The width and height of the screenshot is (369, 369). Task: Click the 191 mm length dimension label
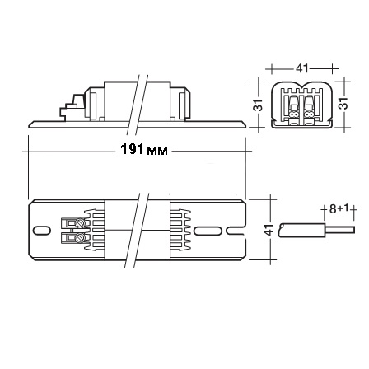point(144,150)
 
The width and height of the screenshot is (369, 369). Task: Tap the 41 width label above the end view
point(302,68)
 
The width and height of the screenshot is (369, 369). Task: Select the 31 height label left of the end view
point(259,105)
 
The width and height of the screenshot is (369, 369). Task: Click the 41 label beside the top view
point(269,230)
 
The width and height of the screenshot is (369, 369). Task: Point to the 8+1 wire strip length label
point(339,209)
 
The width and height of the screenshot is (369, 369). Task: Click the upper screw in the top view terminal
point(81,222)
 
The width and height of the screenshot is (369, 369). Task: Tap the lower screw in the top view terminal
point(80,237)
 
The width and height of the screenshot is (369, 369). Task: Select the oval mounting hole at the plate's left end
point(41,231)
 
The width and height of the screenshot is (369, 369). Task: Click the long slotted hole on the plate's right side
point(208,231)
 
